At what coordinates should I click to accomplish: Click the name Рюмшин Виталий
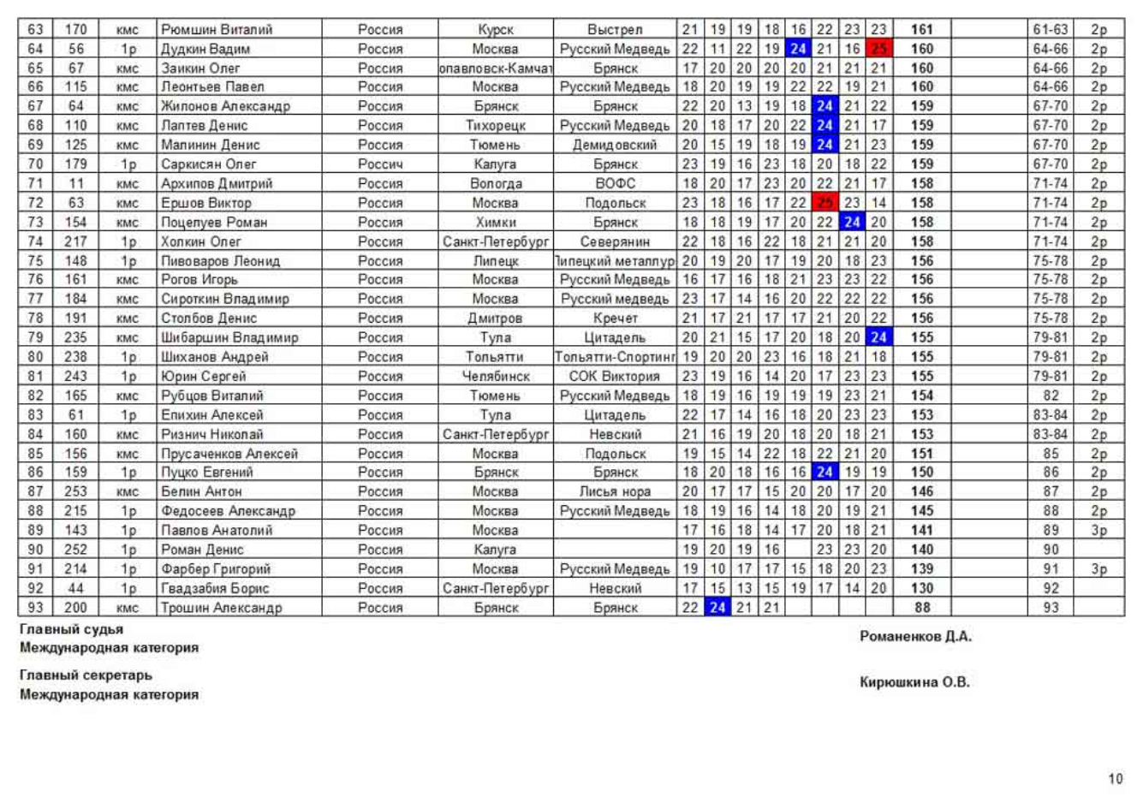coord(217,30)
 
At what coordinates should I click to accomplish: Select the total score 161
coord(921,30)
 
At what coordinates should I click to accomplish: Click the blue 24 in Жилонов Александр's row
coord(825,106)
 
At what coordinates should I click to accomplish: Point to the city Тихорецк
coord(495,126)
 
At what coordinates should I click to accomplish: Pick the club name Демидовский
coord(615,145)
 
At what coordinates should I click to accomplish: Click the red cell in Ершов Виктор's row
coord(825,203)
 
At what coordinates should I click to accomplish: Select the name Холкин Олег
coord(201,241)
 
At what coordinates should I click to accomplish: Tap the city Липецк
coord(495,261)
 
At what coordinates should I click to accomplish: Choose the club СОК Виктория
coord(615,376)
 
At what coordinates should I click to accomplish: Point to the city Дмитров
coord(495,318)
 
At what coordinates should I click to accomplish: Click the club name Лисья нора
coord(615,491)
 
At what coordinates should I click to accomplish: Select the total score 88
coord(921,608)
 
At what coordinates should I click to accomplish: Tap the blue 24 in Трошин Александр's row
coord(717,608)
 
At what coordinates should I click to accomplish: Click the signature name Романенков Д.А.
coord(915,636)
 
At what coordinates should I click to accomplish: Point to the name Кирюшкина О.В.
coord(914,682)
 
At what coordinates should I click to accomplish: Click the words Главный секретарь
coord(86,675)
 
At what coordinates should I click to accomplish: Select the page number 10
coord(1115,778)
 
